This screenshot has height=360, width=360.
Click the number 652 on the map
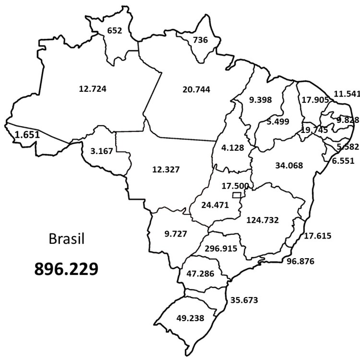115,30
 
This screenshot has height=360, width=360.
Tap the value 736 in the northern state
199,40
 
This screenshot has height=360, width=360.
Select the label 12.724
92,88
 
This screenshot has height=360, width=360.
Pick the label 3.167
101,151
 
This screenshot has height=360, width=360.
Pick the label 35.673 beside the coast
244,300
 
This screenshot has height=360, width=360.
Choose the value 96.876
303,262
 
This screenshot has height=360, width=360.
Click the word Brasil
67,239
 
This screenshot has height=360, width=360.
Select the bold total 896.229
66,268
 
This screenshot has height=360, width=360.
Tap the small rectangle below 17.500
236,195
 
